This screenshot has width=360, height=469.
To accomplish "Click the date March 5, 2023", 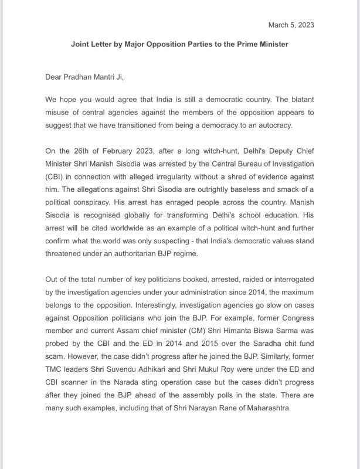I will pyautogui.click(x=291, y=25).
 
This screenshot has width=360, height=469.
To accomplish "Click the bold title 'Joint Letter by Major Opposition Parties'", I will pyautogui.click(x=179, y=44).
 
